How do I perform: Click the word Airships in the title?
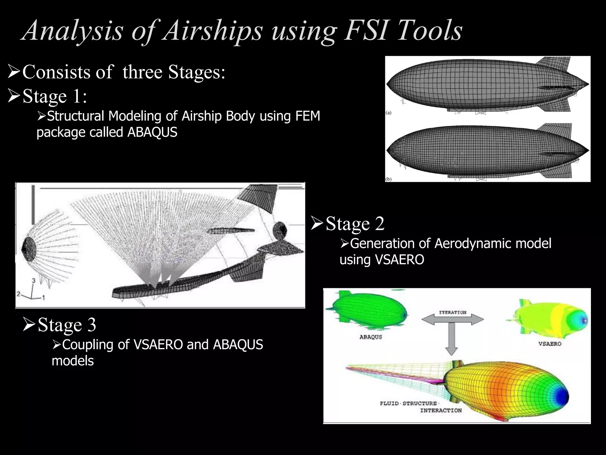pos(212,30)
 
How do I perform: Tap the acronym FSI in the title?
pos(366,30)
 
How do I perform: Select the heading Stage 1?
pos(55,96)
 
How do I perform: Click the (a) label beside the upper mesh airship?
pos(389,113)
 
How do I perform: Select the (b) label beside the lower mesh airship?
pos(389,179)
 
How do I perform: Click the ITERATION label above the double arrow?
pos(452,312)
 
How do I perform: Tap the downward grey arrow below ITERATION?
pos(452,341)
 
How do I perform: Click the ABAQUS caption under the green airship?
pos(371,337)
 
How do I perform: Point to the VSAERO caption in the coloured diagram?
pos(549,344)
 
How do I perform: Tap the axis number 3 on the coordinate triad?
pos(34,280)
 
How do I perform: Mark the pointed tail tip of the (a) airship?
pos(588,84)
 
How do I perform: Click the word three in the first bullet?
pos(142,72)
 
